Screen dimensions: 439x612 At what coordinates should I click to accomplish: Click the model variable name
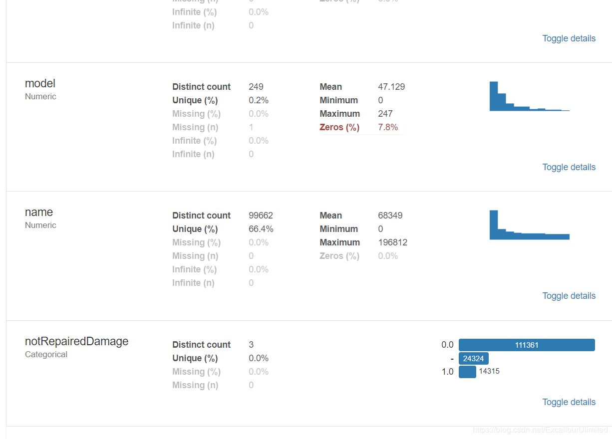40,83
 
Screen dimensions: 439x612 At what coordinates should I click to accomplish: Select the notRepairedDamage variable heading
76,341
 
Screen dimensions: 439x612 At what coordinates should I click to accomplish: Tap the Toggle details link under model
569,167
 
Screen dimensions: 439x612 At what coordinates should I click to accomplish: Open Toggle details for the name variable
569,296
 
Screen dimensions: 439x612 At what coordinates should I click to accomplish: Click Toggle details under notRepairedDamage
569,402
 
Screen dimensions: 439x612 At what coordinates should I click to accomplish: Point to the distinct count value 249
256,87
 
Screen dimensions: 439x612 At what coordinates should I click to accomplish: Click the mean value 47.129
391,87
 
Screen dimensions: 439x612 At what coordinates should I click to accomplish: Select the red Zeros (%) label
339,127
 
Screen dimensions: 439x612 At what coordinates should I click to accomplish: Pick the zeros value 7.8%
388,127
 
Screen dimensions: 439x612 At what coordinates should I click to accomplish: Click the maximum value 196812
392,242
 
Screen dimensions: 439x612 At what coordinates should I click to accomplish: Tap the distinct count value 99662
261,216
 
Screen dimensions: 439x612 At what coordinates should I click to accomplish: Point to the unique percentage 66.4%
261,229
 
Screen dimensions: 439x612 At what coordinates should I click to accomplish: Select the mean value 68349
390,216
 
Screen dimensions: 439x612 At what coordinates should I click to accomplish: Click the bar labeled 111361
527,345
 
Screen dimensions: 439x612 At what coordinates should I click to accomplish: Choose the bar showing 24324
473,358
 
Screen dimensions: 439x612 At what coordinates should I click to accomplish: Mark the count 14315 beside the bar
489,371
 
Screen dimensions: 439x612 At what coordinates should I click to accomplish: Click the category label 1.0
447,372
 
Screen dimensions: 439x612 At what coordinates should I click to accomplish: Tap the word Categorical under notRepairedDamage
46,354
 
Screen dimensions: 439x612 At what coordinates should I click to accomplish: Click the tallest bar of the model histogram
494,96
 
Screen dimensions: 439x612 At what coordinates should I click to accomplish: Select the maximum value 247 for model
385,114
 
